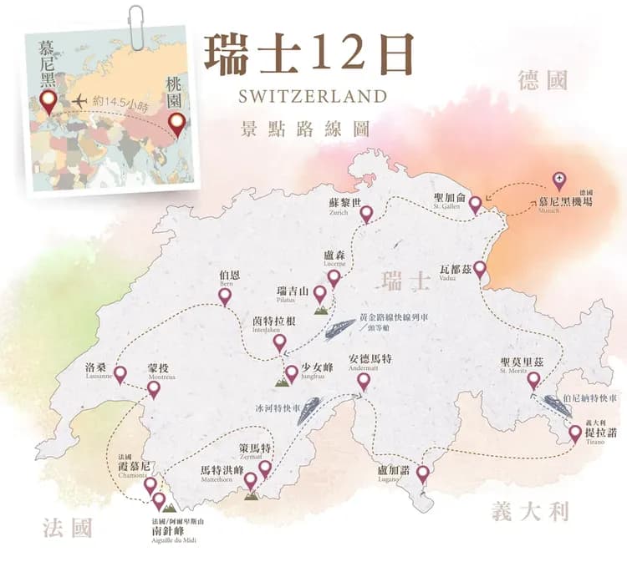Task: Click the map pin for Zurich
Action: point(365,214)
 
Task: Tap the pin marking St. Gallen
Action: point(475,203)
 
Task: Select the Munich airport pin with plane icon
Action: point(559,180)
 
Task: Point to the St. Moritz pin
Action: point(533,380)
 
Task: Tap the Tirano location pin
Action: point(575,433)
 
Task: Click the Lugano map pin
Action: point(422,473)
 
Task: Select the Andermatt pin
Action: point(363,381)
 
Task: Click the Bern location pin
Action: point(224,296)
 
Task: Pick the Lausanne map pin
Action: point(120,374)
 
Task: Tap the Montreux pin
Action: point(154,388)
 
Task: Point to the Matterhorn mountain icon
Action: point(250,494)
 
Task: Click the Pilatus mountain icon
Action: point(320,308)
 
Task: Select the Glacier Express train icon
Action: point(308,410)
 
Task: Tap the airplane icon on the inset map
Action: point(80,101)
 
